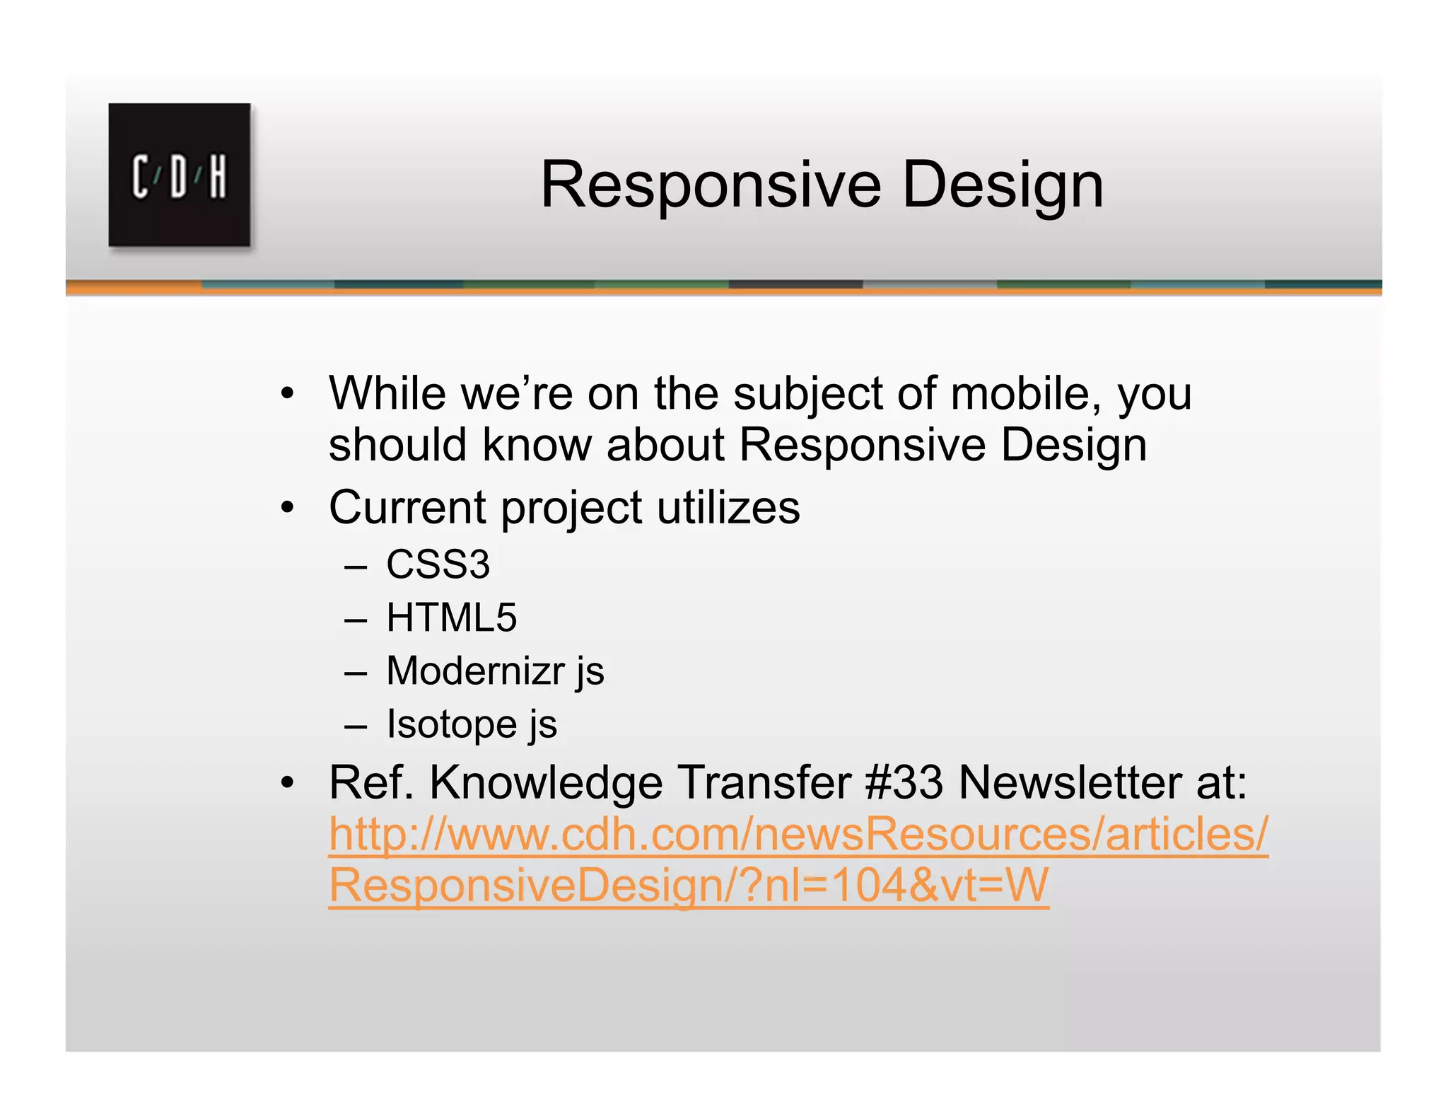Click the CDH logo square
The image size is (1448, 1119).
[x=179, y=175]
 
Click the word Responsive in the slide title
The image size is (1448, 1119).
[x=711, y=185]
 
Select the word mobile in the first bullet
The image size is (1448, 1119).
[x=1025, y=393]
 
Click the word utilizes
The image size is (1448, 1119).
[x=728, y=507]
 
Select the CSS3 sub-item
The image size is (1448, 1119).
[x=438, y=564]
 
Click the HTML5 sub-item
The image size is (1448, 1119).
[x=451, y=618]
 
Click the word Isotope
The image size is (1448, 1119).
[x=452, y=724]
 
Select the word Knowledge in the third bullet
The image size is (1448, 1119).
[x=546, y=782]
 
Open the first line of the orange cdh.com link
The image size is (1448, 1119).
[x=798, y=834]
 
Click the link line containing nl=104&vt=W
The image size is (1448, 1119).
[x=688, y=886]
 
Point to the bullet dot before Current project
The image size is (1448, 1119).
[x=286, y=508]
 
